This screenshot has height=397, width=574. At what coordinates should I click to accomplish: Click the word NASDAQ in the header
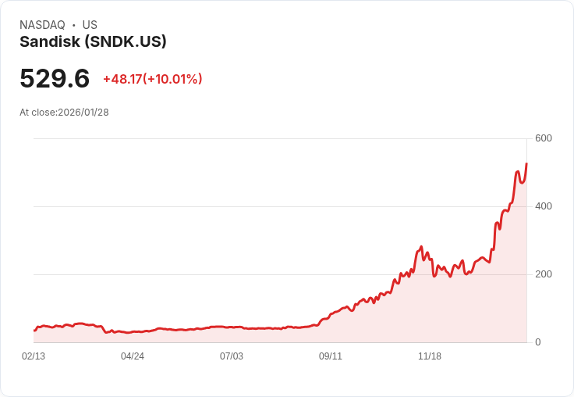point(42,25)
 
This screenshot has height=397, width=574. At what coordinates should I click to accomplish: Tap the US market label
point(90,25)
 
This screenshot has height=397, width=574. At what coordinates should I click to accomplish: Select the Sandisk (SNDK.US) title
point(93,42)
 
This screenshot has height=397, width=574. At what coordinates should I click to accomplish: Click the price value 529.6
point(55,79)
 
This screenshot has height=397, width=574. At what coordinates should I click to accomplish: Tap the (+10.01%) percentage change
point(172,79)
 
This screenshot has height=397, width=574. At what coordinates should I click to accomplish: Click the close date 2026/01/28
point(83,113)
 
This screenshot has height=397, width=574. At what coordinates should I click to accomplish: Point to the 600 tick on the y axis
point(543,138)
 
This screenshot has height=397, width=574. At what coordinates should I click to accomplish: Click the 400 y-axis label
point(543,206)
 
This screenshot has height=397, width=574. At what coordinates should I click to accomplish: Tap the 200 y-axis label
point(543,274)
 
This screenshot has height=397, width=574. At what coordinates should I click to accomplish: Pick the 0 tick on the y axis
point(538,342)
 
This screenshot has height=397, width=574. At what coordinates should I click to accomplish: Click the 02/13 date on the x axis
point(34,356)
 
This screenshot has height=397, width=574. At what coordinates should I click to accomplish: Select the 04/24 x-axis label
point(133,356)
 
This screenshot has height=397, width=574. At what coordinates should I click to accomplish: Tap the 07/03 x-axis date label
point(232,356)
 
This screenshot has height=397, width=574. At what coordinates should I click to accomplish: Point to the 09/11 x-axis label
point(331,356)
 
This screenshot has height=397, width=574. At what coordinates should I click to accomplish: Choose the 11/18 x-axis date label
point(430,356)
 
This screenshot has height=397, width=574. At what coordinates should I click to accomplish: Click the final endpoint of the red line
point(526,163)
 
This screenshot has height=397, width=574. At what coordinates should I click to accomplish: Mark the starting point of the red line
point(34,331)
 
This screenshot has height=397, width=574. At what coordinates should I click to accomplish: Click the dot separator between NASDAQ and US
point(73,25)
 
